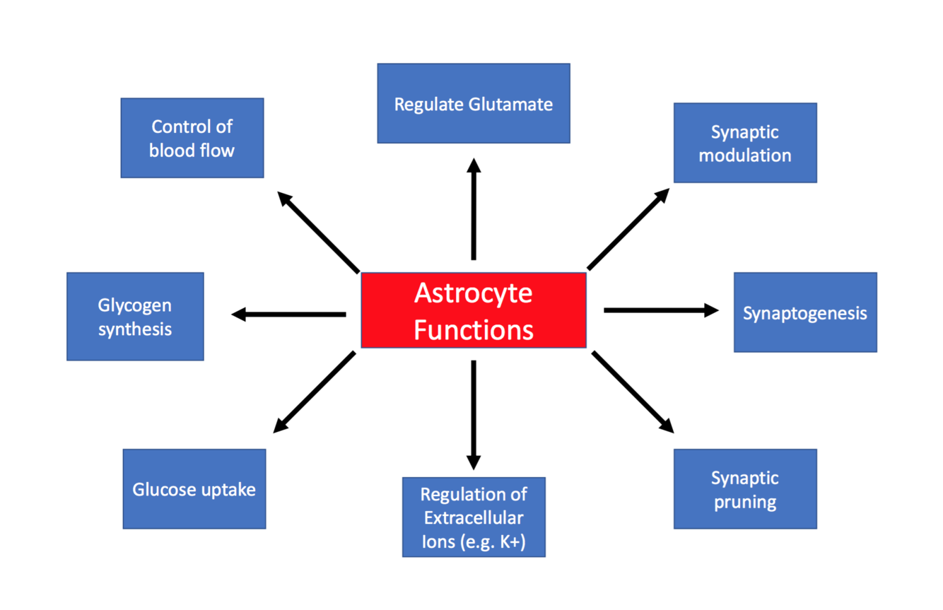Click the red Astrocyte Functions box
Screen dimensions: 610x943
point(473,310)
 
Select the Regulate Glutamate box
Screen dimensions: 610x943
point(473,104)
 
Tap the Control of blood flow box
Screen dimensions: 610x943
point(192,138)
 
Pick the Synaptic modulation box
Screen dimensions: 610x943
point(744,143)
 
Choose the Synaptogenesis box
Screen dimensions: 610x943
point(804,312)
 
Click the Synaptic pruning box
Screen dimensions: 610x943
point(744,489)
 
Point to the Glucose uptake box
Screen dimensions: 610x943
point(194,489)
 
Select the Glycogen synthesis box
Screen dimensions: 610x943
point(135,317)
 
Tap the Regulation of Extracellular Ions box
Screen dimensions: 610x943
point(473,517)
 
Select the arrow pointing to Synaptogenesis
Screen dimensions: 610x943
point(661,310)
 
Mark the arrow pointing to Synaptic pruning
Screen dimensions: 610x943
point(632,391)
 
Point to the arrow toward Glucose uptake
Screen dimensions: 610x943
point(315,392)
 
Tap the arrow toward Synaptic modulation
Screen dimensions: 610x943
point(628,229)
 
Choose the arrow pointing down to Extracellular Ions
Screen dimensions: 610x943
point(474,414)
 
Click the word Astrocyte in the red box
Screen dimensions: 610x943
point(473,293)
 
